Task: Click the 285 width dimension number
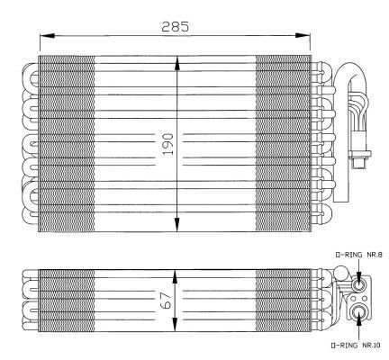coord(176,26)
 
